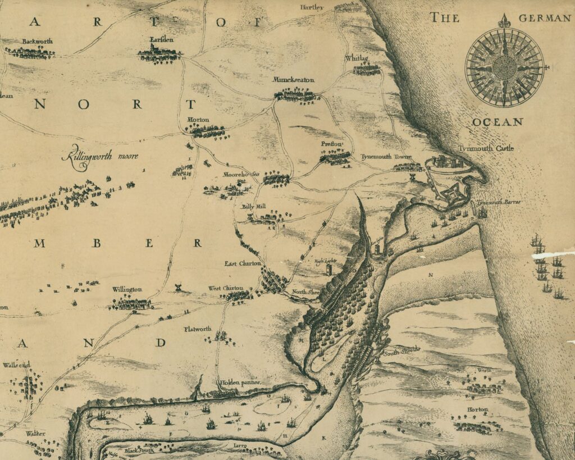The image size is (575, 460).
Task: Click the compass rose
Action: (504, 67)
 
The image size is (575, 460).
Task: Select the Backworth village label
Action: (36, 42)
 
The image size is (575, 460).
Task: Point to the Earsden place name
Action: (159, 40)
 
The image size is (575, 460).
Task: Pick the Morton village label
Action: (198, 120)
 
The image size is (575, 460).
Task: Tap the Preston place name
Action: (331, 144)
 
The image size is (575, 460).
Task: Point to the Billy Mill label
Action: (253, 207)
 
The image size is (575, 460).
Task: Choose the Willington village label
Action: (127, 289)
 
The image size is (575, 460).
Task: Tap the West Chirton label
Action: (226, 288)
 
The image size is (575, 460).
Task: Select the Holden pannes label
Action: (240, 382)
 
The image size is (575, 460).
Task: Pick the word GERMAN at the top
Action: (544, 19)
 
